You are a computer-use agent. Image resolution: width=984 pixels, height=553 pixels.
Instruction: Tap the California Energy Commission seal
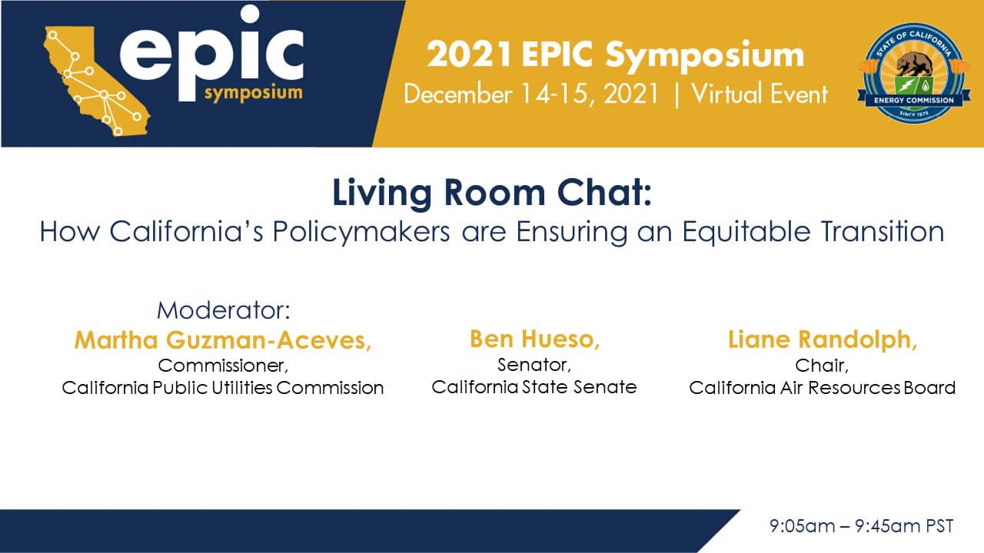(x=914, y=72)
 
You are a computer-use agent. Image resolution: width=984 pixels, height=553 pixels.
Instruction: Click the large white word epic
(x=211, y=54)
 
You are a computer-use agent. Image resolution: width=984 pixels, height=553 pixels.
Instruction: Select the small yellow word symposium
(x=254, y=94)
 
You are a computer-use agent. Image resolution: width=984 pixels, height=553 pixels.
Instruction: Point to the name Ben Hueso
(x=534, y=339)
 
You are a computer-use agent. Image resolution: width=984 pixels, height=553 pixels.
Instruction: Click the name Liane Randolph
(x=823, y=340)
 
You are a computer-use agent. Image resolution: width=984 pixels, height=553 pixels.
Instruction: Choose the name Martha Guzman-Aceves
(x=223, y=340)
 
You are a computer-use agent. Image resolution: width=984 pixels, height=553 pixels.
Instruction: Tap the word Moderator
(x=223, y=310)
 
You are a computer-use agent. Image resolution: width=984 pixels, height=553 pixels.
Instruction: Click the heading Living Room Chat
(x=491, y=193)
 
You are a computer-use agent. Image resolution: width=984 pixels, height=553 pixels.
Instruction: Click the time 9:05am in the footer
(x=802, y=526)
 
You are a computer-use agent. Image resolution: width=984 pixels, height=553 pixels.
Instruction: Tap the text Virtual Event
(x=760, y=94)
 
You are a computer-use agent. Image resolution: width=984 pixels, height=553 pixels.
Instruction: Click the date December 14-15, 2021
(x=531, y=94)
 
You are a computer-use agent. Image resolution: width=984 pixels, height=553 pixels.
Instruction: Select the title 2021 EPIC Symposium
(x=615, y=55)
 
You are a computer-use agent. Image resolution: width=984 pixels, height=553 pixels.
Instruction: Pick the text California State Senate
(x=534, y=387)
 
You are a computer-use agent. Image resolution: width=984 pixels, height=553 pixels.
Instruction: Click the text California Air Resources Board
(x=823, y=388)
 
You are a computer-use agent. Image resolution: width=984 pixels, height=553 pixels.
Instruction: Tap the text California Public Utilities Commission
(x=223, y=388)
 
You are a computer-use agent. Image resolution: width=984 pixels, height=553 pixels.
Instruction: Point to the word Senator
(x=534, y=365)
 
